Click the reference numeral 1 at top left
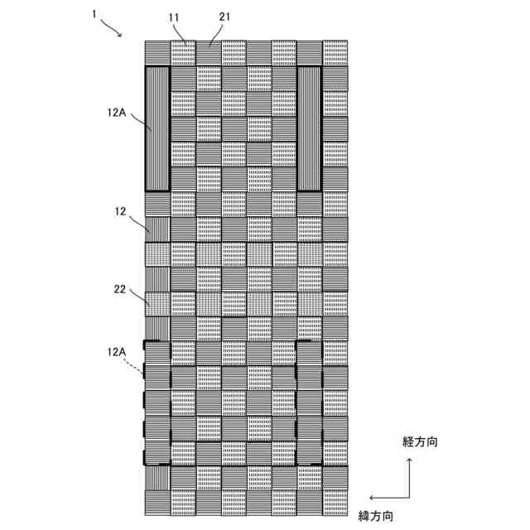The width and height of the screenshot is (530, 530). (x=95, y=15)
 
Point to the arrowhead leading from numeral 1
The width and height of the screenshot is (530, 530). (x=121, y=35)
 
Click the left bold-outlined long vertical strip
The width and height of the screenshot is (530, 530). (x=157, y=128)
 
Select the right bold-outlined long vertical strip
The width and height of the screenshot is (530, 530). (x=309, y=128)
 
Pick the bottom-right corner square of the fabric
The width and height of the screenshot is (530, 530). (x=335, y=500)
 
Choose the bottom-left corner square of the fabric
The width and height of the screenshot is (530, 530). (x=157, y=500)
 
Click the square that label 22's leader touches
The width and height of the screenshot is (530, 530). (x=157, y=303)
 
